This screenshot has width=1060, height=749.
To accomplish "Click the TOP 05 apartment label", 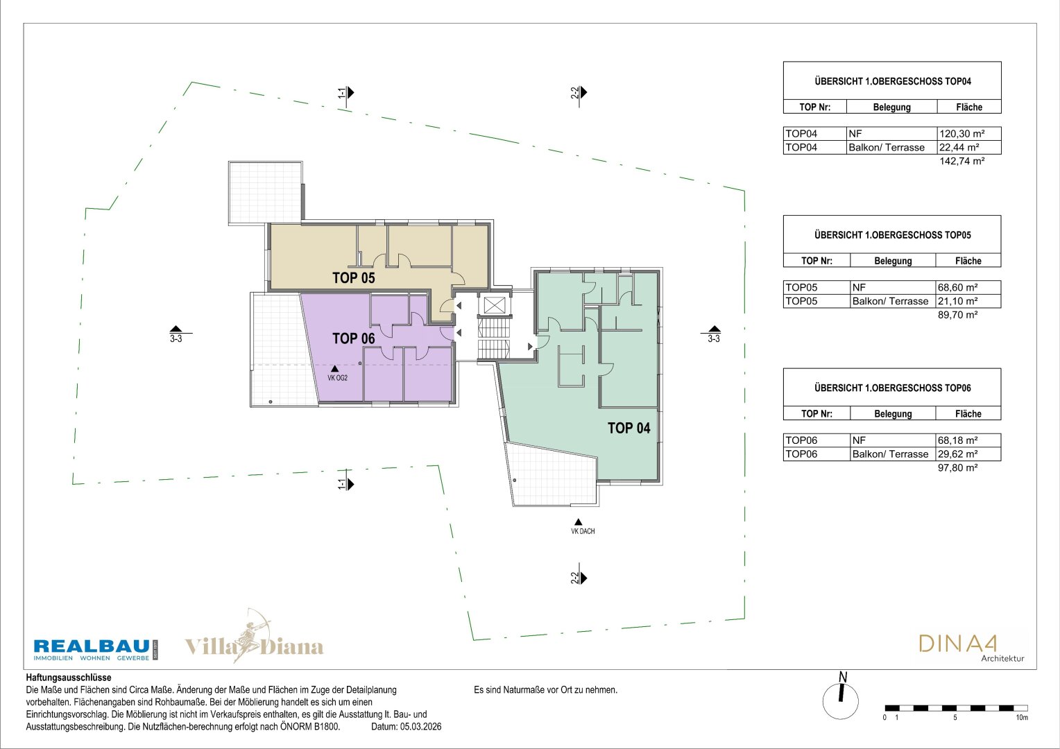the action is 354,277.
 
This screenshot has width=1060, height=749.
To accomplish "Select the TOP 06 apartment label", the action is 354,338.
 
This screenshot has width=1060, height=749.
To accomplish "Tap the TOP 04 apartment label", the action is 629,428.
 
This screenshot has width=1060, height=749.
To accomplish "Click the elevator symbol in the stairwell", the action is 494,305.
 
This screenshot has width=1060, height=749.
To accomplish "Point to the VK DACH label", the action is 583,531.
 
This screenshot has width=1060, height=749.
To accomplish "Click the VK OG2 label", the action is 337,378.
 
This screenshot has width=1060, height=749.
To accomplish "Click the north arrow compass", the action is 841,696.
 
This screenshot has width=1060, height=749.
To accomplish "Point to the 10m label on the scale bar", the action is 1022,718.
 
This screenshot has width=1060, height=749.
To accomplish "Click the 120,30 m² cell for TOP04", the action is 962,134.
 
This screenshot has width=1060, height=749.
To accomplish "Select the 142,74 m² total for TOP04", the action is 962,162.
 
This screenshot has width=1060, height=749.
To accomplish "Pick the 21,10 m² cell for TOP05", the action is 958,302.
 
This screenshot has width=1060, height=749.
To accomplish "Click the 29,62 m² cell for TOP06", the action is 958,454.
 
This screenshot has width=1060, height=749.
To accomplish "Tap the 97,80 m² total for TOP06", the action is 958,468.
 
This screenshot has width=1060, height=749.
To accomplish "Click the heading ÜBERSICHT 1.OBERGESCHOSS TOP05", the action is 893,235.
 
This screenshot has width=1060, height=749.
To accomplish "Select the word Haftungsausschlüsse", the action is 69,678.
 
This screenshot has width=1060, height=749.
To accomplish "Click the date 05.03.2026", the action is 420,727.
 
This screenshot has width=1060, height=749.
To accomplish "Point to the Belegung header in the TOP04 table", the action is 891,107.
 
